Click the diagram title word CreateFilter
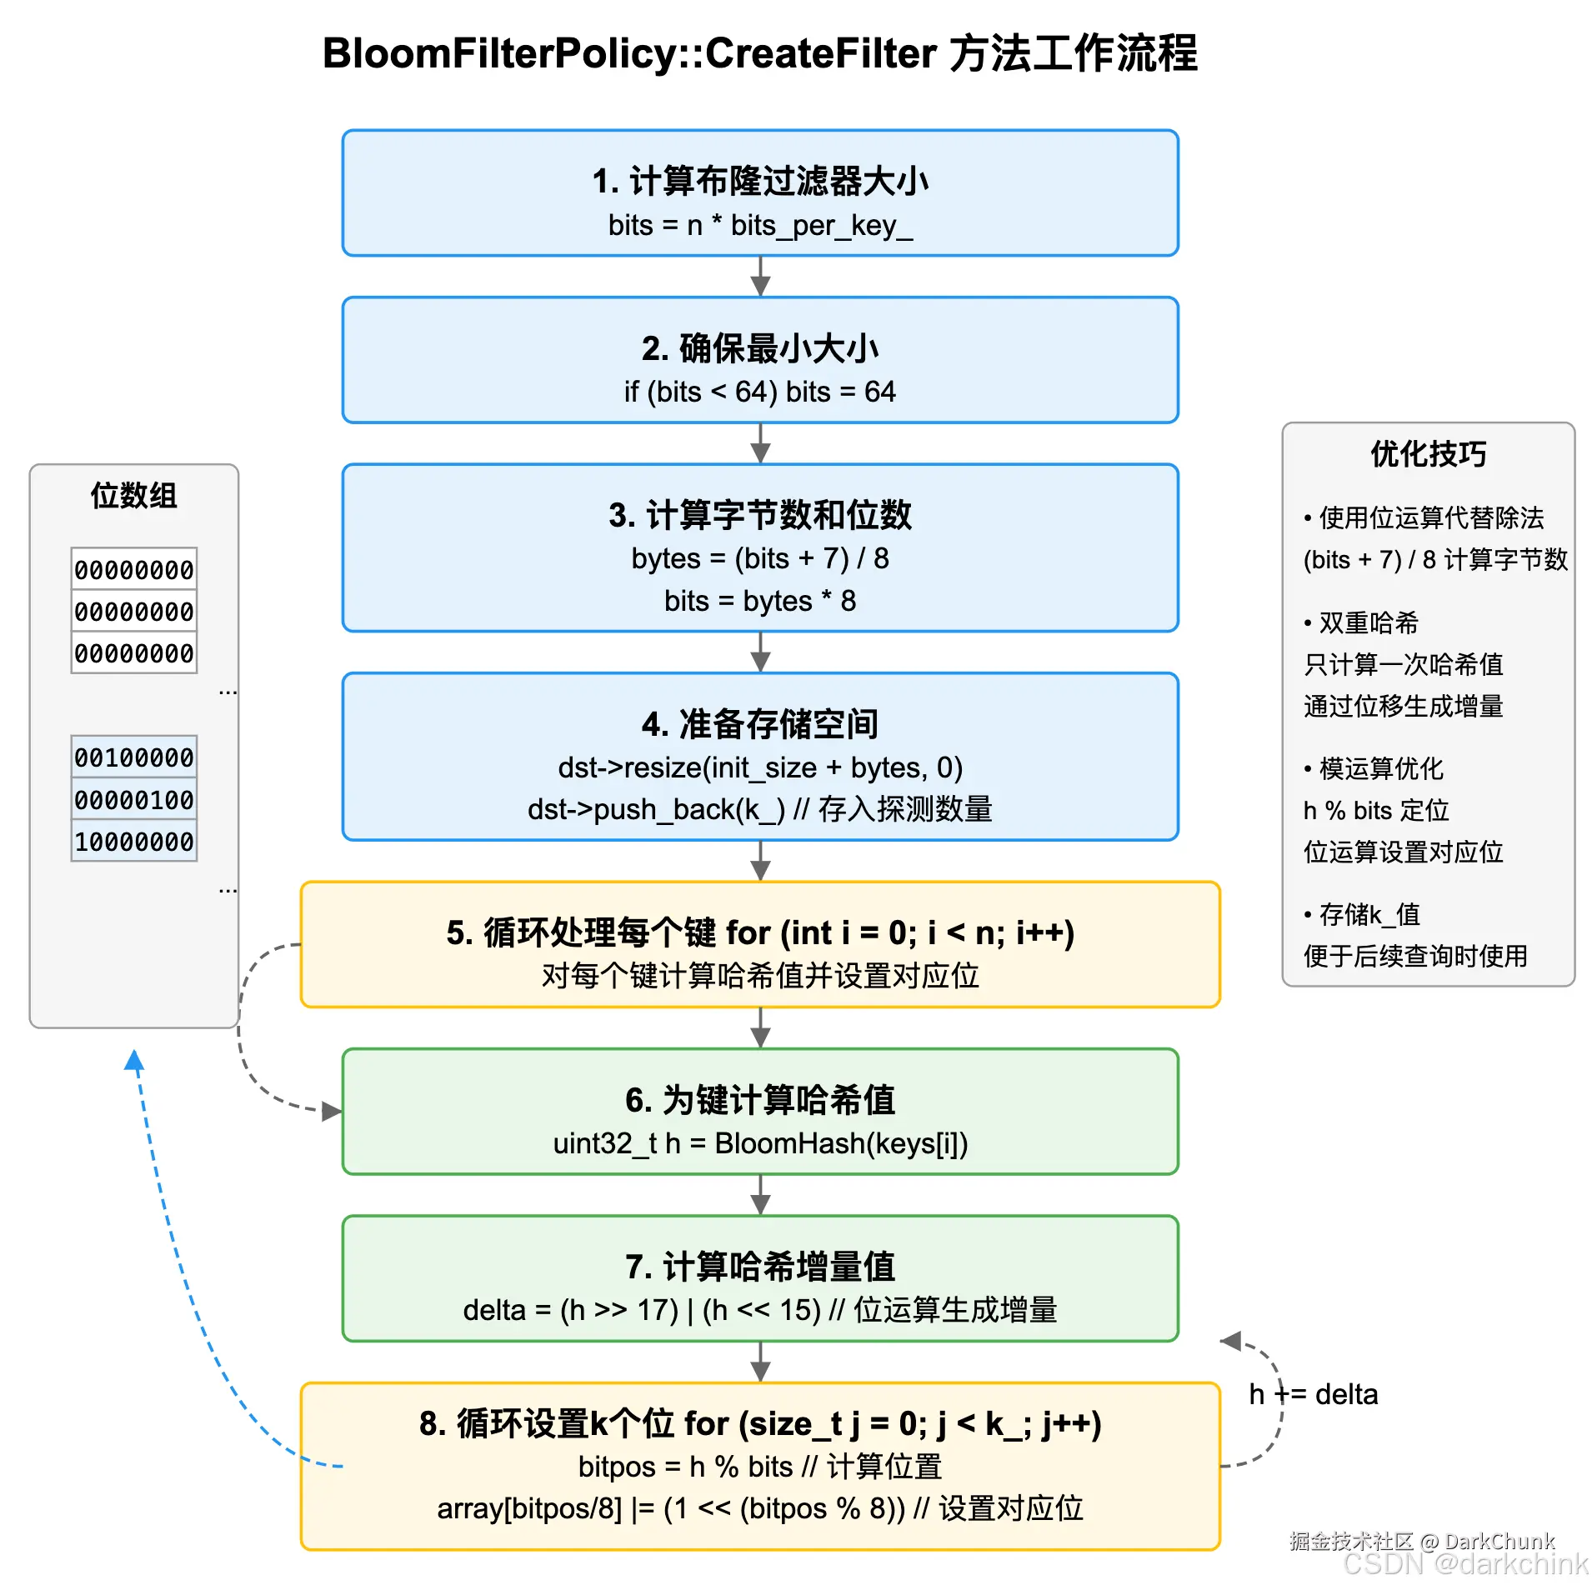tap(820, 54)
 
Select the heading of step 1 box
tap(759, 181)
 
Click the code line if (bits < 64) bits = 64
tap(759, 392)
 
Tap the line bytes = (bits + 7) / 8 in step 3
tap(759, 558)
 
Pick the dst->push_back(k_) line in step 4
tap(759, 809)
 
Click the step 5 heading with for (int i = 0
tap(759, 933)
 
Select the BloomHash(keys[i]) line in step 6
tap(759, 1143)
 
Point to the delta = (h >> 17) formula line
tap(759, 1310)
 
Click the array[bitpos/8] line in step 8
tap(759, 1509)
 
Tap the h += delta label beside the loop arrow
tap(1313, 1394)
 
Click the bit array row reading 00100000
tap(134, 757)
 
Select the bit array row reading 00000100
tap(134, 800)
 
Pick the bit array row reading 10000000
tap(134, 842)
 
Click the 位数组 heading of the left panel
tap(134, 496)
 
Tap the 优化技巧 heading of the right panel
tap(1428, 454)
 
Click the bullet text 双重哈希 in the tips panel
tap(1368, 622)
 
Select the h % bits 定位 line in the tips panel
tap(1375, 810)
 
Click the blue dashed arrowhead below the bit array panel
tap(134, 1061)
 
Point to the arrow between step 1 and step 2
tap(760, 277)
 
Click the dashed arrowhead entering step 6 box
tap(332, 1111)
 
